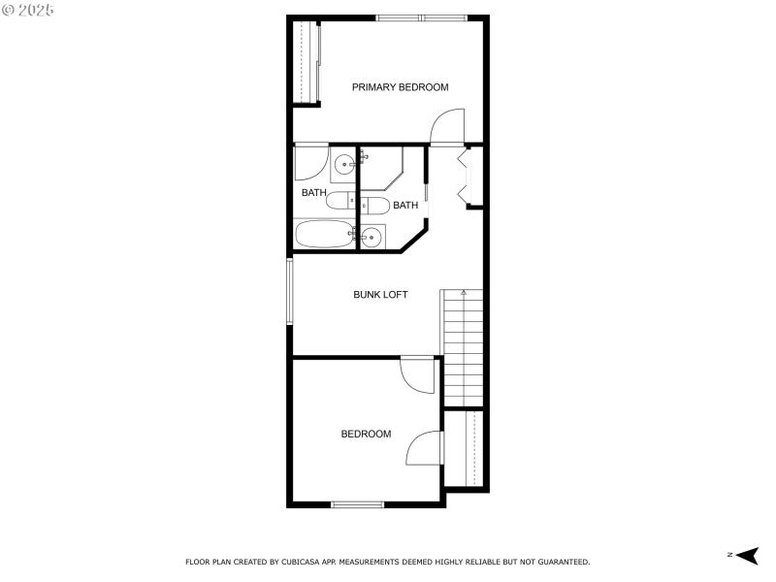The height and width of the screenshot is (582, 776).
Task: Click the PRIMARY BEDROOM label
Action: (x=400, y=87)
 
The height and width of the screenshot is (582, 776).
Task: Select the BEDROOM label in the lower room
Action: (x=366, y=434)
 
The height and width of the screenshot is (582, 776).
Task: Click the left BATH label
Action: (x=313, y=192)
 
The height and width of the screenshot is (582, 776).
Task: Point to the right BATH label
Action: (x=405, y=205)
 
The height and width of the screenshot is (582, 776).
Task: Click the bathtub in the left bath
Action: (x=325, y=234)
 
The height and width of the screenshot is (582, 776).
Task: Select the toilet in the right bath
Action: (x=375, y=206)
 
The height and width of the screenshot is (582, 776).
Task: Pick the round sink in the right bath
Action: (x=372, y=235)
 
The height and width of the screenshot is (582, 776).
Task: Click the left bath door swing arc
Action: (x=310, y=162)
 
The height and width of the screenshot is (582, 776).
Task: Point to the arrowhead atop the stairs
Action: (x=464, y=292)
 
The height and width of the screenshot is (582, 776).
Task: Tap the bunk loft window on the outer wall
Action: (x=288, y=290)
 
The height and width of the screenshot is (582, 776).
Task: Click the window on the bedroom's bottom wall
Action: (x=358, y=503)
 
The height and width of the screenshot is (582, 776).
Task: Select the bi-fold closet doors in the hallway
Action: (x=463, y=175)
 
